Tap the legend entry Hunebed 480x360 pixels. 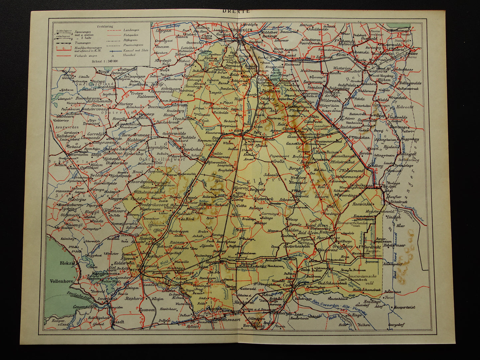point(129,55)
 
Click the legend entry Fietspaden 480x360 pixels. point(131,35)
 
